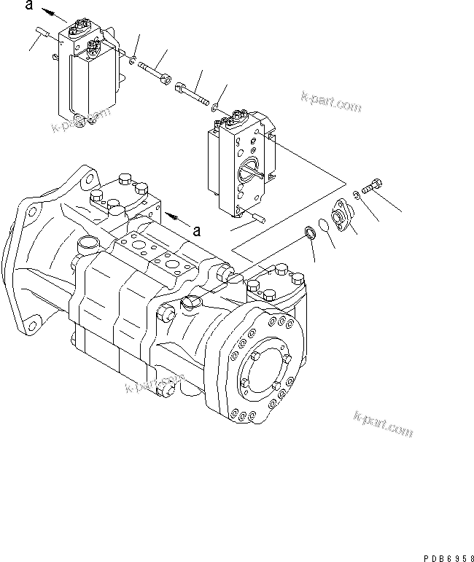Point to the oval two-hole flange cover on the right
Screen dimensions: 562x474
click(x=341, y=216)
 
